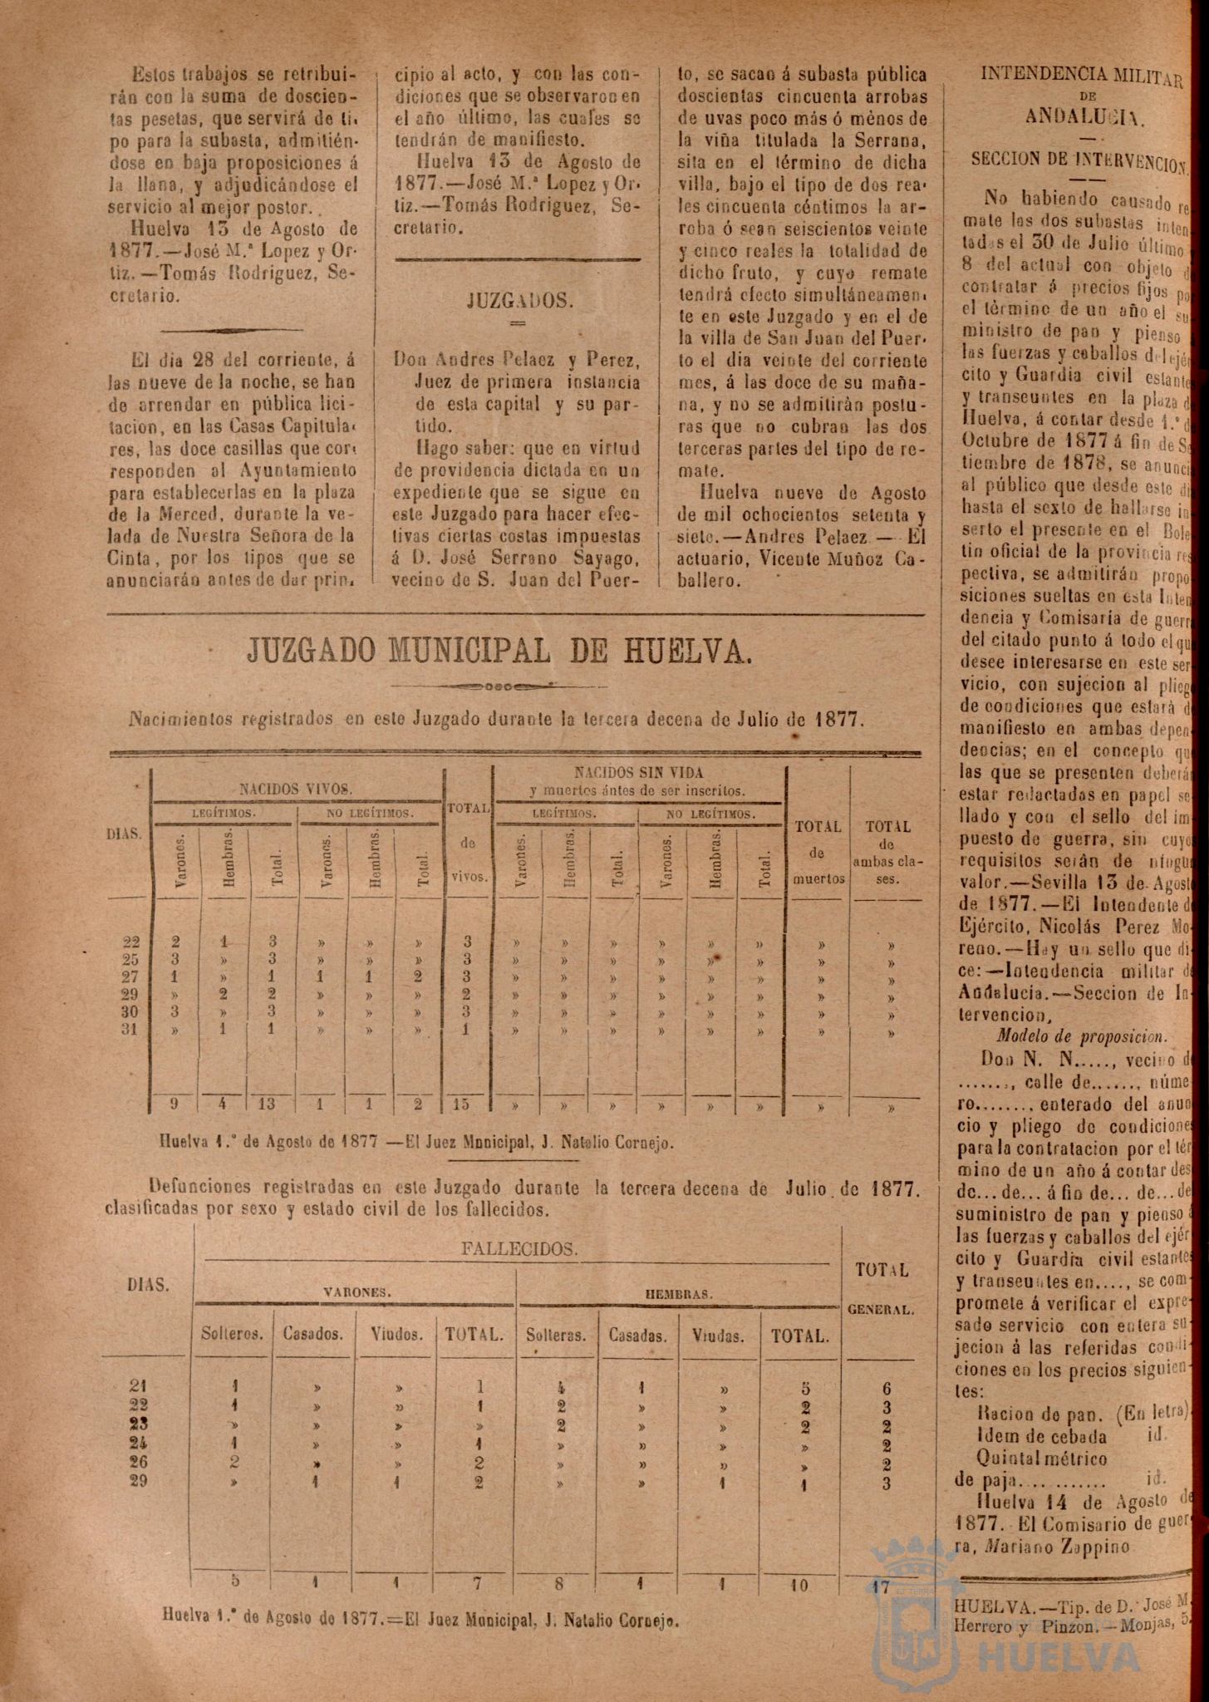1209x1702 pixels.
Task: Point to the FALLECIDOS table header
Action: coord(518,1248)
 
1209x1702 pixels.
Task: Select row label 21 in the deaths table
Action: coord(140,1385)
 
